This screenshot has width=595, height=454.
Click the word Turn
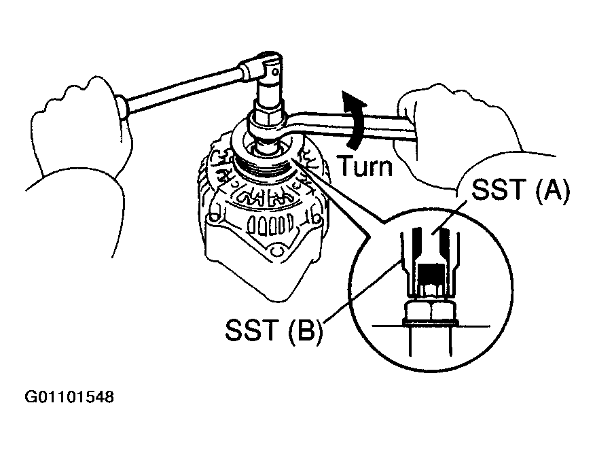coord(365,165)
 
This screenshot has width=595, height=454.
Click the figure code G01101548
coord(70,396)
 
